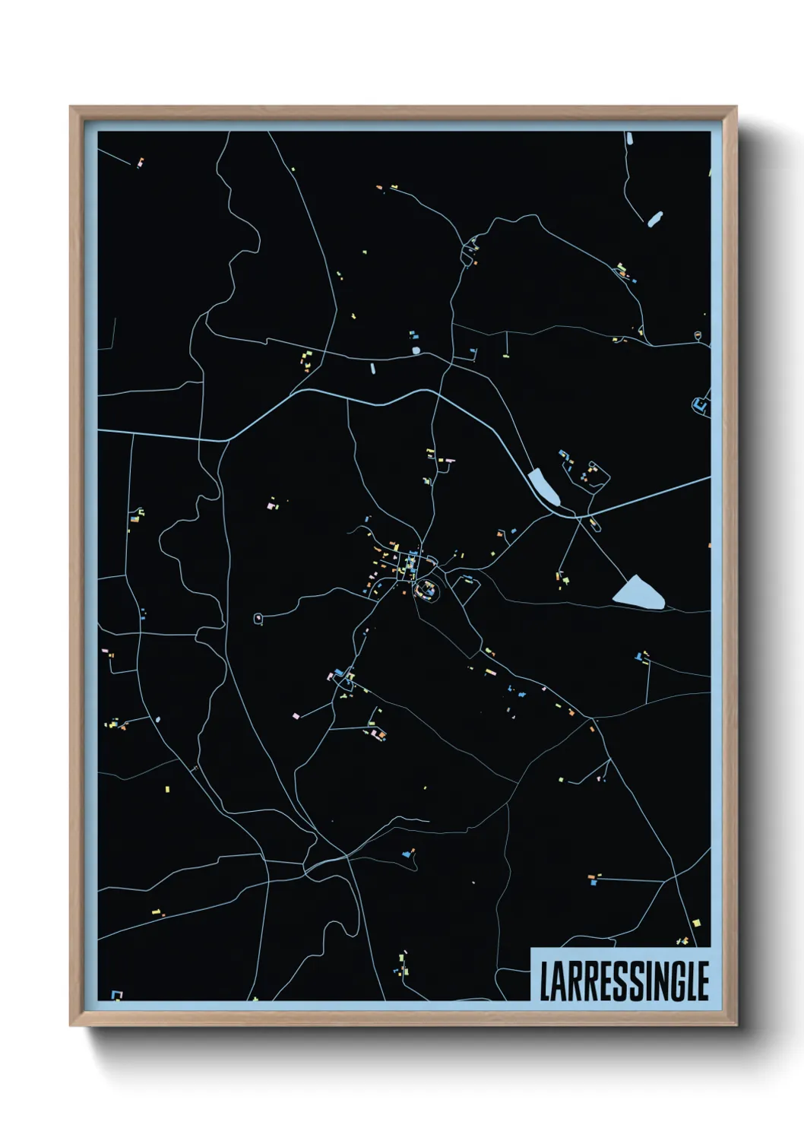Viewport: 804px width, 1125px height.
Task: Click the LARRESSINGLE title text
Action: pos(623,981)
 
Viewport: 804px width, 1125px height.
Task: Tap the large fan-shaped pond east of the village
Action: pos(640,592)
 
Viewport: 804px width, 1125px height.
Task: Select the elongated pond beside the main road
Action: pos(544,487)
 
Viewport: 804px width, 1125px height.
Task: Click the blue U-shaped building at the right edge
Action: pos(699,404)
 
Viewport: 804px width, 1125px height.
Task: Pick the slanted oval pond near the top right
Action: pos(654,219)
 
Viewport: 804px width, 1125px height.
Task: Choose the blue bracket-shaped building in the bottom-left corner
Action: pos(116,994)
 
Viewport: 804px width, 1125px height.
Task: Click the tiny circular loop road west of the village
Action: pos(258,619)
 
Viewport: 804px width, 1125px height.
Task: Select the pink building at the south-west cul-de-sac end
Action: pos(296,715)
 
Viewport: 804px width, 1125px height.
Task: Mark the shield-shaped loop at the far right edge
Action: pos(698,334)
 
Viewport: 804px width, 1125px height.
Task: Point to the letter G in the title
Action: pos(675,981)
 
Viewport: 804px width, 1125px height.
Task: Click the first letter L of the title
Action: pos(546,981)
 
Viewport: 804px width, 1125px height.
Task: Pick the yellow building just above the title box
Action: pos(696,923)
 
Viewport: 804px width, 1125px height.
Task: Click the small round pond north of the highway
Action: pos(415,350)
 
